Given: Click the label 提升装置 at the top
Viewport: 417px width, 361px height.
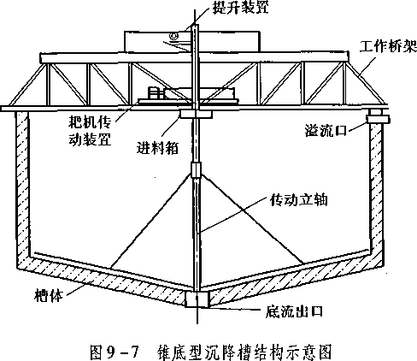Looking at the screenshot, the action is [x=241, y=7].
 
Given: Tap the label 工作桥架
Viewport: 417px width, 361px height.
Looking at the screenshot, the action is [x=388, y=46].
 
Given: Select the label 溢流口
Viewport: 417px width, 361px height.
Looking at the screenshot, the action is [x=326, y=130].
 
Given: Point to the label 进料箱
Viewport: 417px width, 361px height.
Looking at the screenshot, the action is [x=157, y=147].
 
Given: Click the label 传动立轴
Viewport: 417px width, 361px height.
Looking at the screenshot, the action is [x=299, y=200].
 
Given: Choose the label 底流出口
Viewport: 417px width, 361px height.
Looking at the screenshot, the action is [x=294, y=311].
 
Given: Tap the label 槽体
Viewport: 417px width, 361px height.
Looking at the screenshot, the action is [x=48, y=295].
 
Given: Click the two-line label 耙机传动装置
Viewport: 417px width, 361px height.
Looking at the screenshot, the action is [x=90, y=131].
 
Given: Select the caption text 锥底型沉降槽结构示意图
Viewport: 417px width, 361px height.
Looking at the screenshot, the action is [x=244, y=352].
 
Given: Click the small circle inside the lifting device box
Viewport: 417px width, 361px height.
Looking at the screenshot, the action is [x=173, y=36].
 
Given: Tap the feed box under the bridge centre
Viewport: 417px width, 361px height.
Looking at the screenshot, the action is [x=196, y=115].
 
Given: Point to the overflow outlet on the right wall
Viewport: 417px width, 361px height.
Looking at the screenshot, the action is [x=378, y=119].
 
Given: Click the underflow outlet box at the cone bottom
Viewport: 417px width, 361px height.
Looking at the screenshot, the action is [x=197, y=299].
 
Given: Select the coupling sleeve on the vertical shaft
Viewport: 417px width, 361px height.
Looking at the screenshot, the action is [x=196, y=170].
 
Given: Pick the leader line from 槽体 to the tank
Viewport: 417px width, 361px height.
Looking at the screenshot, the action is [x=74, y=290].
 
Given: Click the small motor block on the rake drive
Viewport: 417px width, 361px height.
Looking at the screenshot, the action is [x=156, y=93].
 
